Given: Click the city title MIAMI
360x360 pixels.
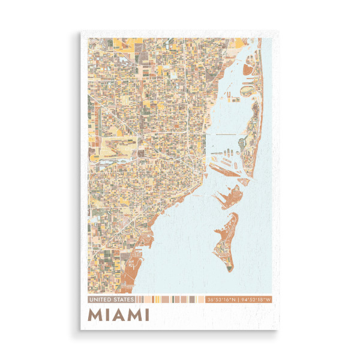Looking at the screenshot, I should click(119, 314).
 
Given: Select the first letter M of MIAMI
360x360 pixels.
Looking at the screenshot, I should click(95, 314).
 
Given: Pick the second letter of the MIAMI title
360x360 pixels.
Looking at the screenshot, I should click(107, 314).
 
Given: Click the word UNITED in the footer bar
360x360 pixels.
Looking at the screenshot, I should click(100, 299).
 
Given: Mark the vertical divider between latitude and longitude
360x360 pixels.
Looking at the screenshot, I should click(238, 299).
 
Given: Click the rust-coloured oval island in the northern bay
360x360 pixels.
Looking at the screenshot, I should click(247, 92).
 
